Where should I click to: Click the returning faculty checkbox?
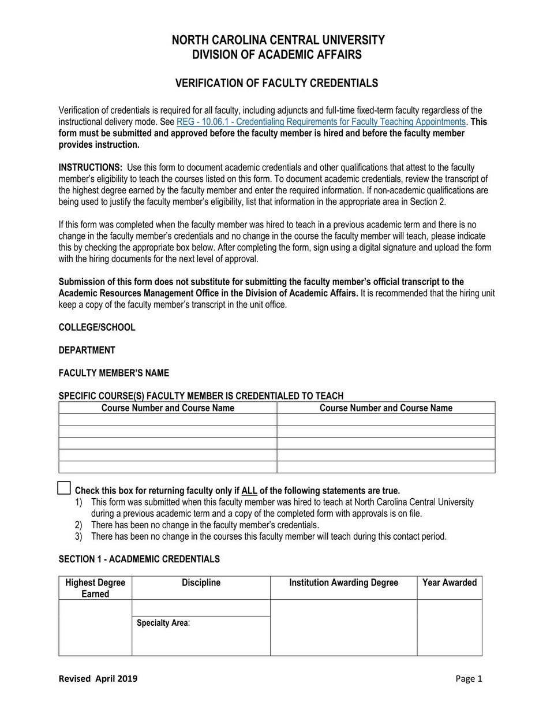65,488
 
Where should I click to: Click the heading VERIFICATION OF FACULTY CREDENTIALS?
276,83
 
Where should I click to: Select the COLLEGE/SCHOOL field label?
97,327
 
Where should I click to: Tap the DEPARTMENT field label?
87,350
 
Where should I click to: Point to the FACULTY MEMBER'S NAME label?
114,373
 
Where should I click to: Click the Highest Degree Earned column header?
95,588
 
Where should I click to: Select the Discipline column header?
201,582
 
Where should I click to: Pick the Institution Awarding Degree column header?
343,582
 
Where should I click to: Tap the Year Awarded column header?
450,582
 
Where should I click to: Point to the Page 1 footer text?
468,678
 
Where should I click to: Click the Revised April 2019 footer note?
98,678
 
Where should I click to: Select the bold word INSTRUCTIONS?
90,167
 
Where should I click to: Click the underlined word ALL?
249,491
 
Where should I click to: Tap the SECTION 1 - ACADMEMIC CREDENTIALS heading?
139,559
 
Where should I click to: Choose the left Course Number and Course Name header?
168,408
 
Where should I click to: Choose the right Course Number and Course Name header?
385,408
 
